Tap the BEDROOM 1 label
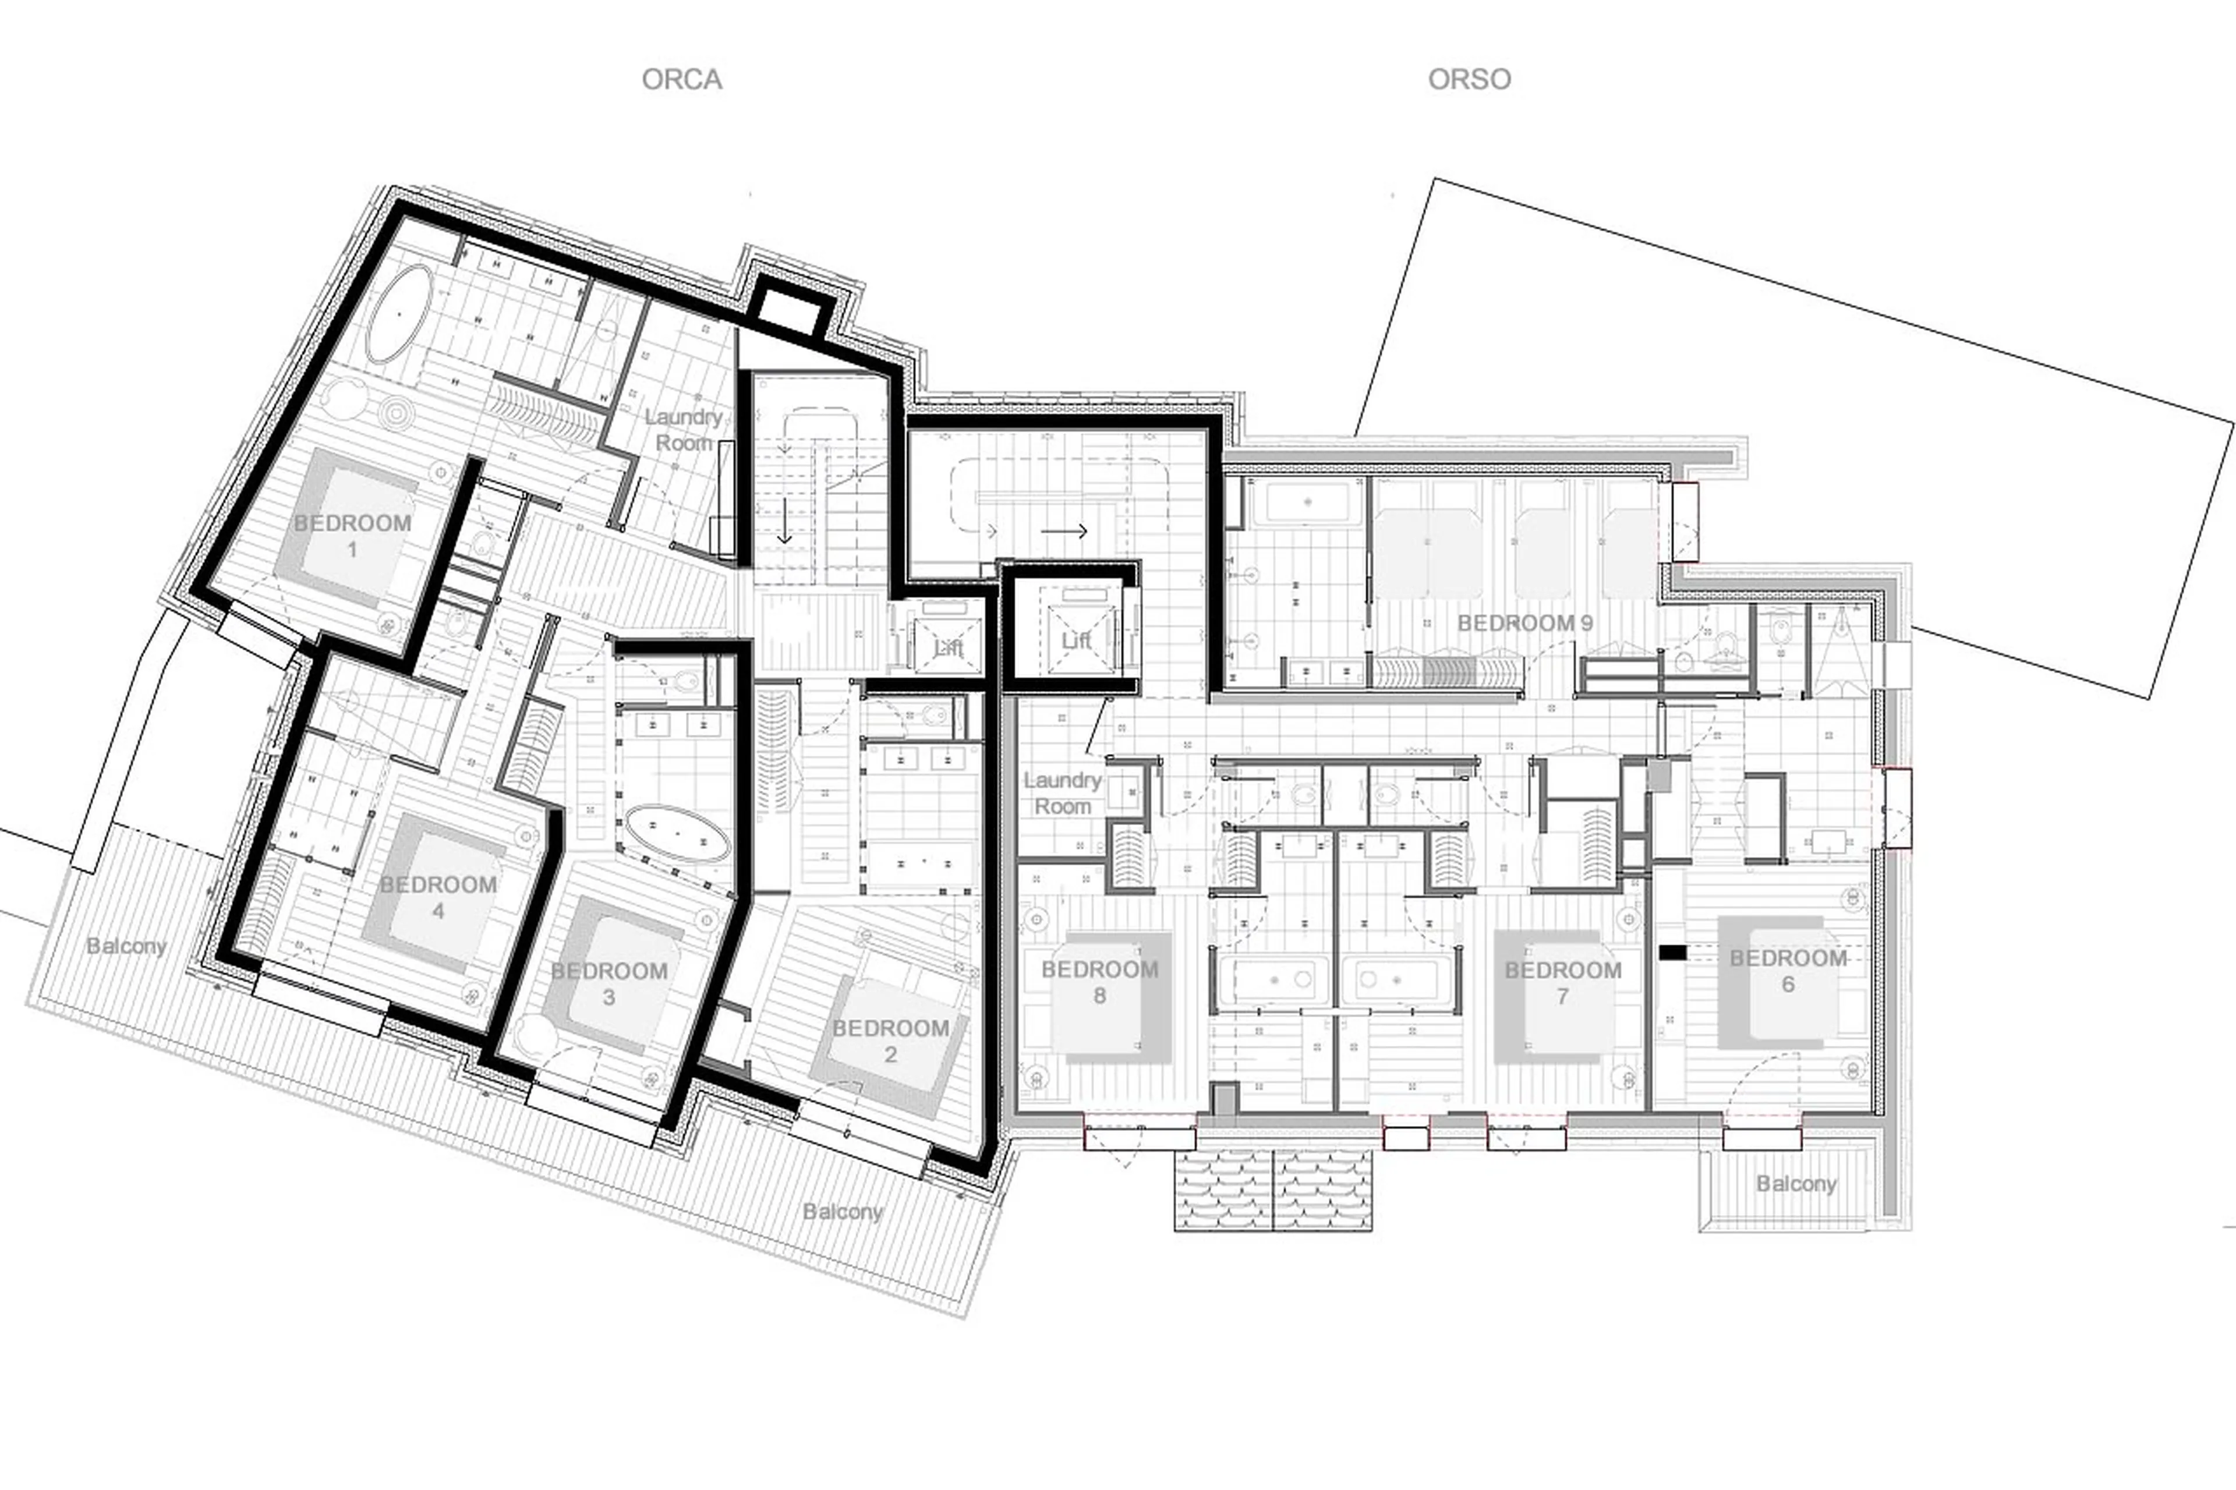click(352, 535)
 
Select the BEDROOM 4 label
click(438, 897)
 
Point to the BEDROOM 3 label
click(609, 983)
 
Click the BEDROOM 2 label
click(890, 1040)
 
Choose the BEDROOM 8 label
click(1099, 982)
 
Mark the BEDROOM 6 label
click(1788, 970)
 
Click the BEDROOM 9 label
click(1524, 624)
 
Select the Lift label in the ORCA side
click(947, 648)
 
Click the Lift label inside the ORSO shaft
click(1075, 642)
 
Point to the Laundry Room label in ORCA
click(683, 430)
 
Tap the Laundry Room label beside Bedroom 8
click(1062, 792)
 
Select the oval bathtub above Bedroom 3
click(677, 833)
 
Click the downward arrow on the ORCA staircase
click(784, 523)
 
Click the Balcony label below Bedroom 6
click(1795, 1183)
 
